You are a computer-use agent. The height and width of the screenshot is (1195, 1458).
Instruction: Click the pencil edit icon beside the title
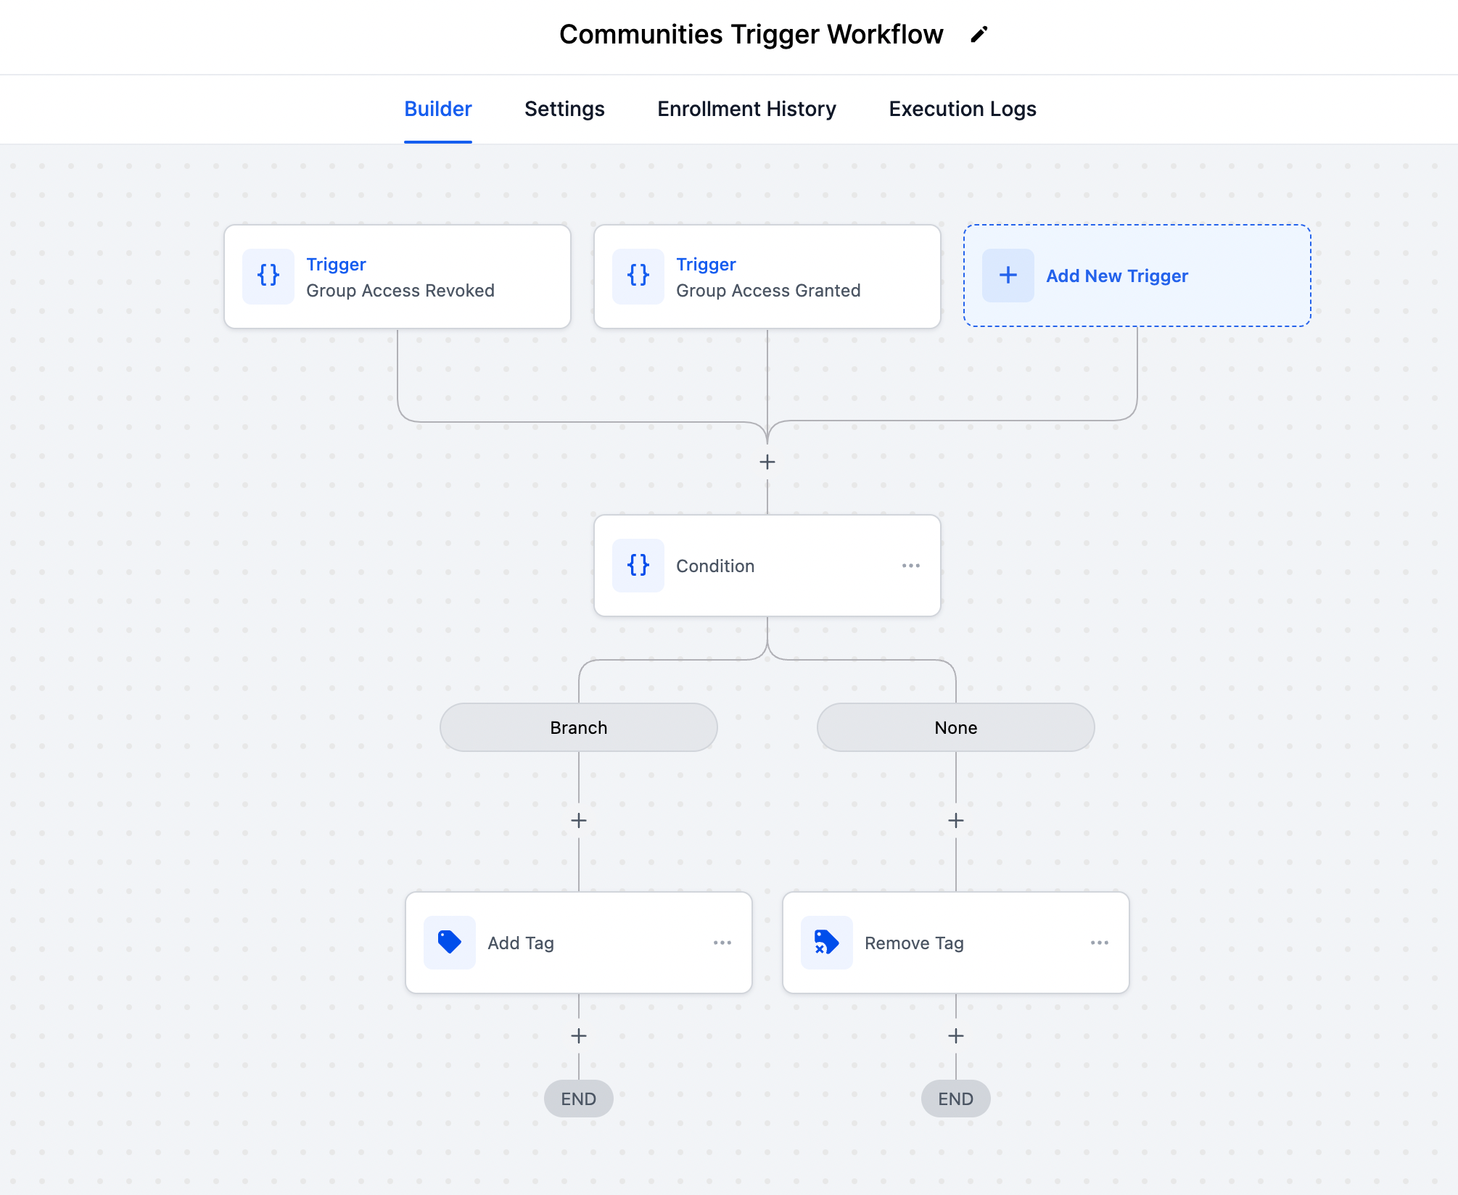tap(979, 35)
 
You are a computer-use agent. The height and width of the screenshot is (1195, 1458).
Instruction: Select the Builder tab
tap(437, 109)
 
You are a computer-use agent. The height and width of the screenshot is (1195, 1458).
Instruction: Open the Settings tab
tap(564, 109)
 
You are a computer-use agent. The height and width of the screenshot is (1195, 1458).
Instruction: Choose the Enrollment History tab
tap(746, 109)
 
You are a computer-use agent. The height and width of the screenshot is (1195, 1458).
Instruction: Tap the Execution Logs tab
tap(962, 109)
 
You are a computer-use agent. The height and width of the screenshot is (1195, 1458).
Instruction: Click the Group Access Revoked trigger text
tap(400, 291)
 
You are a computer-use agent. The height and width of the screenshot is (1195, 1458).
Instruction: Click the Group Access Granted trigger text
tap(767, 291)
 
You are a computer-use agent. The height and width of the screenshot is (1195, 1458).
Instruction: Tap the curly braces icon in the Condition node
tap(638, 565)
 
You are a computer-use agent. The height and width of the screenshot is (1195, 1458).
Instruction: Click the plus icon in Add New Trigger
tap(1008, 276)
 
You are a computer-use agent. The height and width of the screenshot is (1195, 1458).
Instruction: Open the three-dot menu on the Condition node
tap(910, 566)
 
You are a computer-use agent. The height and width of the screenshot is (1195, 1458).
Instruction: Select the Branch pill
tap(578, 727)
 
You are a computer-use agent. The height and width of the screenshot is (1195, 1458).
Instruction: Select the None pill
tap(955, 727)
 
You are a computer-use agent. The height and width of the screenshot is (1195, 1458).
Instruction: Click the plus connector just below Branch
tap(578, 820)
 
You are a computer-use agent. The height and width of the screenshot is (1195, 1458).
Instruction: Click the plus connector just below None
tap(955, 820)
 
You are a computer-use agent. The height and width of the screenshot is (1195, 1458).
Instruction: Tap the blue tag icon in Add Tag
tap(449, 942)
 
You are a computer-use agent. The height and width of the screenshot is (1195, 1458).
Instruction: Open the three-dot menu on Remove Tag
tap(1099, 943)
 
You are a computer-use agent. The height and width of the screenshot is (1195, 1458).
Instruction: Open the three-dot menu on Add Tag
tap(722, 943)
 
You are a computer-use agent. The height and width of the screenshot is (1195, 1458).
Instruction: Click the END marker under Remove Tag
tap(955, 1099)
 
